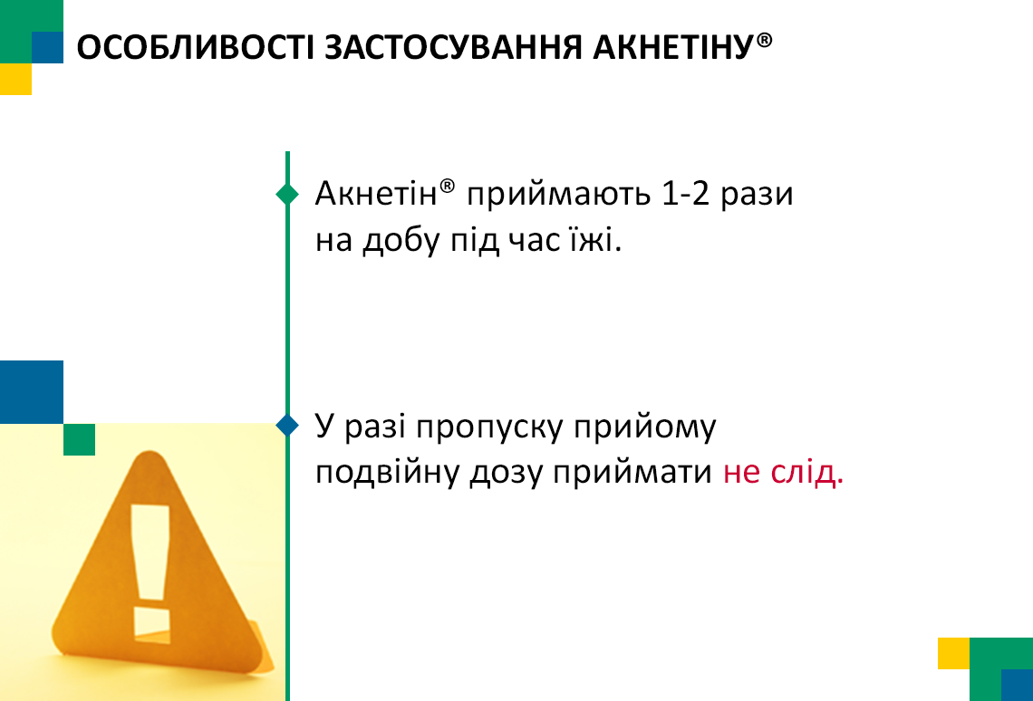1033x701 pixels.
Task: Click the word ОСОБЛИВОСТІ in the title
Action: click(196, 47)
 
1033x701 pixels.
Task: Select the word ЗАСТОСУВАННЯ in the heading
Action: click(454, 47)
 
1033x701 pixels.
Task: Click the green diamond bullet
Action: click(287, 194)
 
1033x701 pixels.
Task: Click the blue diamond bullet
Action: click(287, 425)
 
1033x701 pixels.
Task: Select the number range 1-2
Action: click(685, 194)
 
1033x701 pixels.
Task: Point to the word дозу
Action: click(506, 474)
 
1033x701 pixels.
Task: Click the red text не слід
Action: click(783, 473)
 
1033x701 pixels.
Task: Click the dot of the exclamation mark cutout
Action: click(152, 624)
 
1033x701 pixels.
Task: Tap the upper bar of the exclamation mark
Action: click(150, 552)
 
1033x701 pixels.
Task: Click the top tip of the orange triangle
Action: click(150, 452)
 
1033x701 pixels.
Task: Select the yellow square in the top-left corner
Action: click(15, 79)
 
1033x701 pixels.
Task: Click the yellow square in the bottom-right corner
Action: click(954, 653)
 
